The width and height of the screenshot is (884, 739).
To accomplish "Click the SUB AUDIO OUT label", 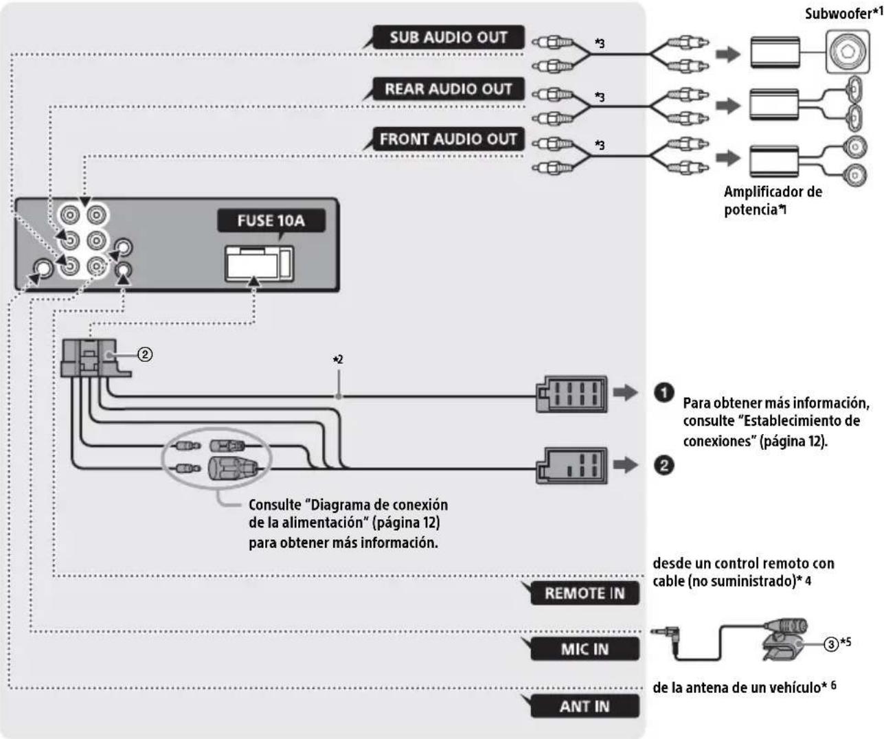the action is point(449,37).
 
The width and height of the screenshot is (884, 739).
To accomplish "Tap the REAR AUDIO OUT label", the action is point(449,89).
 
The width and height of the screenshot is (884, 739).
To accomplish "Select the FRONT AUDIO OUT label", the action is point(449,139).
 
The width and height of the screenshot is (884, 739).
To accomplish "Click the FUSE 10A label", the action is point(271,220).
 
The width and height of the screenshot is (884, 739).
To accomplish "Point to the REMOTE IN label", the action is point(585,593).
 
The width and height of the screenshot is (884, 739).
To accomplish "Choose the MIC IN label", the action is point(585,649).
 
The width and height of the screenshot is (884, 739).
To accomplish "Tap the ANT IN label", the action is point(585,707).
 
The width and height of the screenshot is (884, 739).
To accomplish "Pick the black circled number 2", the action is point(664,466).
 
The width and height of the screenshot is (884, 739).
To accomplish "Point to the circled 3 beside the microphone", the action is point(831,644).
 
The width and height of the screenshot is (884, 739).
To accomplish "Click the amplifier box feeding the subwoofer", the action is point(775,52).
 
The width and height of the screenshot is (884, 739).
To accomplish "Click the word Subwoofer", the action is point(838,14).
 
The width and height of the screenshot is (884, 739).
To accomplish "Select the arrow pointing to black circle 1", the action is point(626,392).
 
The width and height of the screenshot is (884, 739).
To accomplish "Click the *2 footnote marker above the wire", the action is point(338,360).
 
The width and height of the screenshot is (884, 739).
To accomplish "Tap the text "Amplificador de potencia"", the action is point(773,200).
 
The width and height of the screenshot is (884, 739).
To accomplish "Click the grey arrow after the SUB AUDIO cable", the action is point(728,54).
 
